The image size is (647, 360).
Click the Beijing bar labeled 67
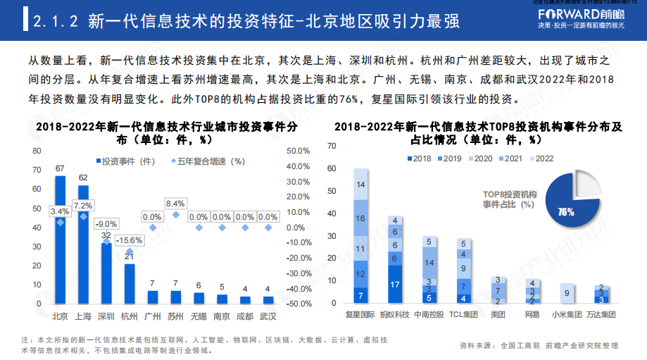(x=60, y=240)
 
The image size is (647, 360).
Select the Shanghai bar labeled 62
(x=83, y=247)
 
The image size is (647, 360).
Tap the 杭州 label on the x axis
(x=129, y=316)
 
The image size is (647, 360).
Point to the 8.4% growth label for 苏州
(x=175, y=204)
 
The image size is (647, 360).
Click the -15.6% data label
(x=130, y=240)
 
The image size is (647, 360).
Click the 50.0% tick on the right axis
(x=298, y=151)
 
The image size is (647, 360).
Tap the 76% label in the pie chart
(x=565, y=211)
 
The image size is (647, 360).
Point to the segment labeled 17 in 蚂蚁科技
(x=395, y=285)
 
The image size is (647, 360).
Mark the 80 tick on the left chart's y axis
(x=36, y=151)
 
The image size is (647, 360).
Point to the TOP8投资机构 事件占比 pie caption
(x=510, y=199)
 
